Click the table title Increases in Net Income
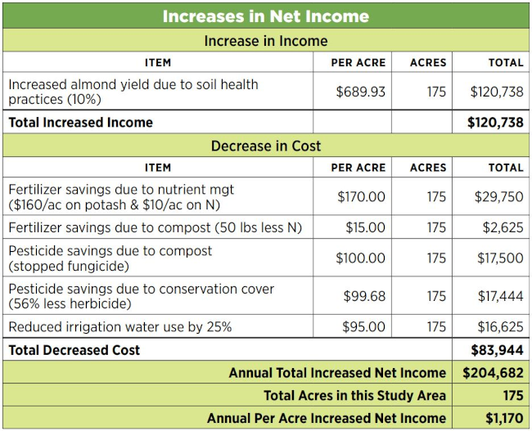(x=265, y=16)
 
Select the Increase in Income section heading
(x=265, y=41)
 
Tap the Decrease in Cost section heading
(x=265, y=146)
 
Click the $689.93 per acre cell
(x=360, y=92)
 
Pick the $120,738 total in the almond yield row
(x=496, y=92)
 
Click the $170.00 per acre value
(x=361, y=196)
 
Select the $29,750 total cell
(x=499, y=196)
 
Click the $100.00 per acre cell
(x=360, y=258)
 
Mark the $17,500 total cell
(x=500, y=258)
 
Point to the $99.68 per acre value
(x=363, y=295)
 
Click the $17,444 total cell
(x=500, y=295)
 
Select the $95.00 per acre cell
(x=363, y=327)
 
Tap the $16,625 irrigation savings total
(x=500, y=327)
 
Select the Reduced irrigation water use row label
(x=119, y=327)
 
